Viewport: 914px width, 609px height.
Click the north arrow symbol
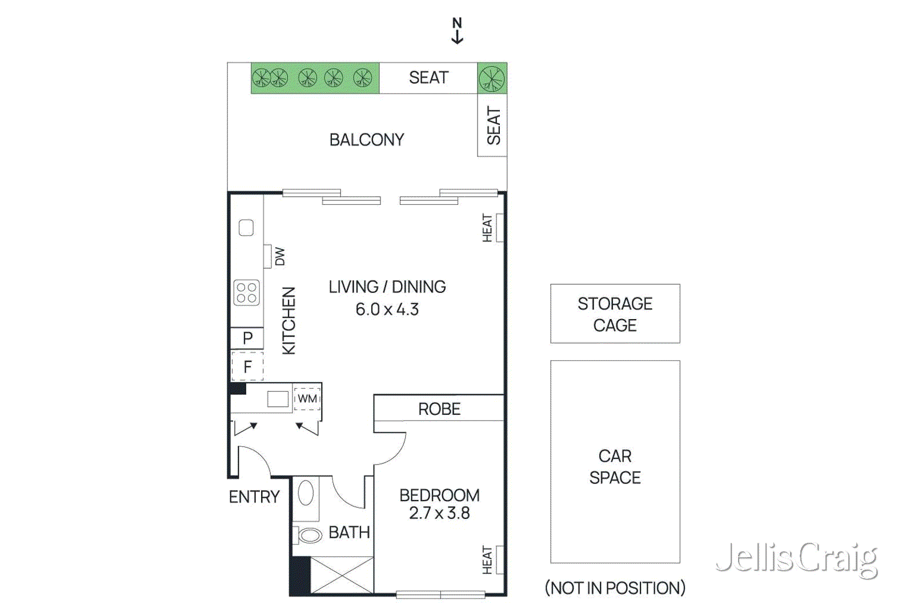coord(457,31)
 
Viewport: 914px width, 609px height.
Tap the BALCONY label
coord(366,140)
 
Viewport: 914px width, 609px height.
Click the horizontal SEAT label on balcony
coord(428,78)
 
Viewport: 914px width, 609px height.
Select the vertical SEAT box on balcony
coord(492,126)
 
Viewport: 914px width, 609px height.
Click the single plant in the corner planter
coord(492,78)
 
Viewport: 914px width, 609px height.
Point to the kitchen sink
coord(246,228)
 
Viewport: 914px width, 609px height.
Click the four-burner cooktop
coord(247,292)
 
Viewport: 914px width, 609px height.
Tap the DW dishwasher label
coord(279,256)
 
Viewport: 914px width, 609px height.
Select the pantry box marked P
coord(247,338)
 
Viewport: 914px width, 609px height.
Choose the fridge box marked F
coord(247,366)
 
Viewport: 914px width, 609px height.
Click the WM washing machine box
coord(307,398)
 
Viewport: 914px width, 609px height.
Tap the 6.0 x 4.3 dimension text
coord(387,309)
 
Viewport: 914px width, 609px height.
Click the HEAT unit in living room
coord(499,228)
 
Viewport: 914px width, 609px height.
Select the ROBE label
coord(439,409)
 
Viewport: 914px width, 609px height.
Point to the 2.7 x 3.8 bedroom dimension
coord(439,513)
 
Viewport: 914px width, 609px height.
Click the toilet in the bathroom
coord(308,535)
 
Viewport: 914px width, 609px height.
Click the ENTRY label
coord(254,497)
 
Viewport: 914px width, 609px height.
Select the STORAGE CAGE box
coord(615,314)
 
